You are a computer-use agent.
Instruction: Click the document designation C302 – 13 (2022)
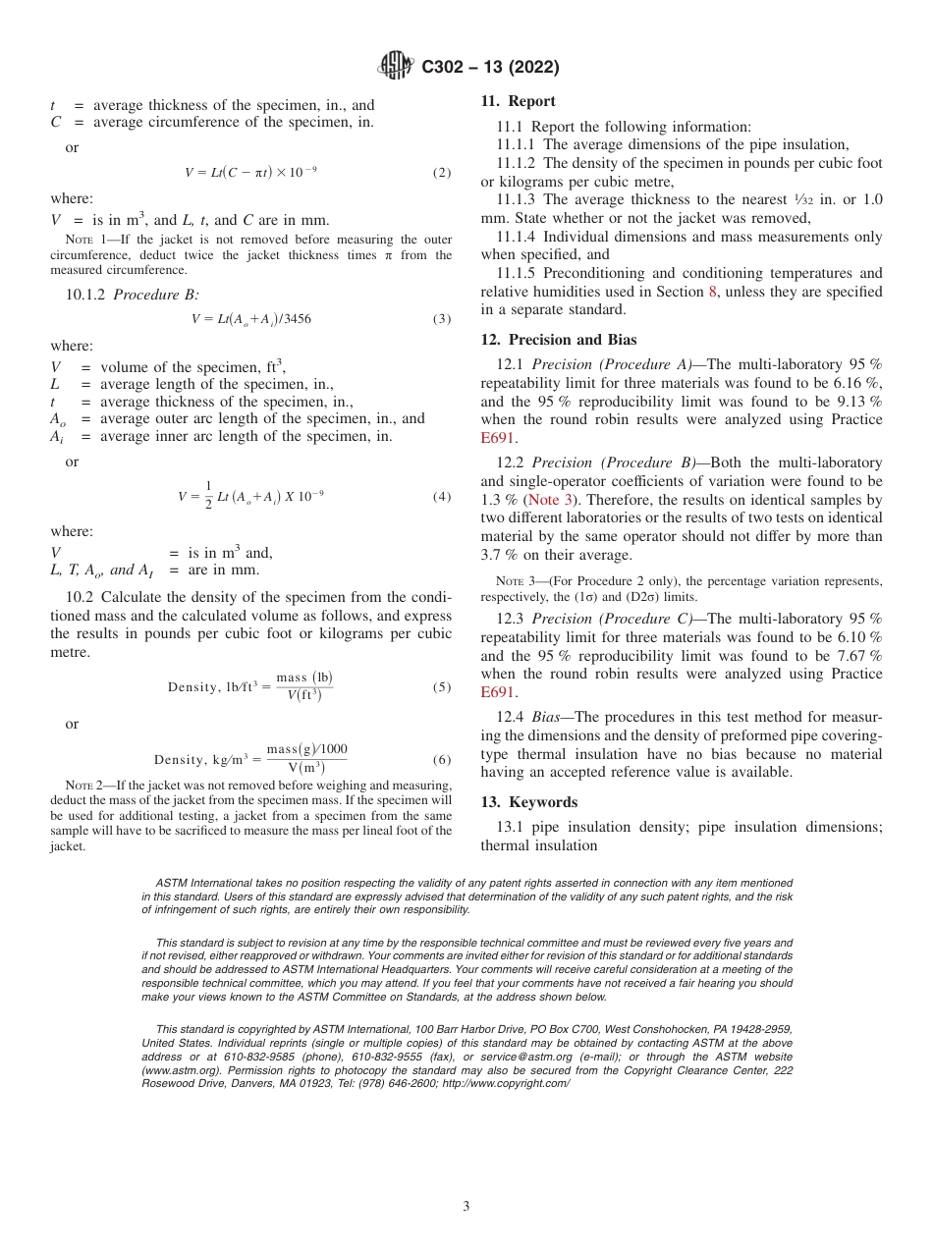pos(490,67)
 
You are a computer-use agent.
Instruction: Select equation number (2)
pos(442,173)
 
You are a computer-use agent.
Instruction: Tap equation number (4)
pos(442,497)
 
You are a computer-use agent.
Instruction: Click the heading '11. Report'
pos(518,101)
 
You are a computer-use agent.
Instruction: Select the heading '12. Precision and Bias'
pos(558,340)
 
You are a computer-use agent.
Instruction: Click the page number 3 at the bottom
pos(466,1207)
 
